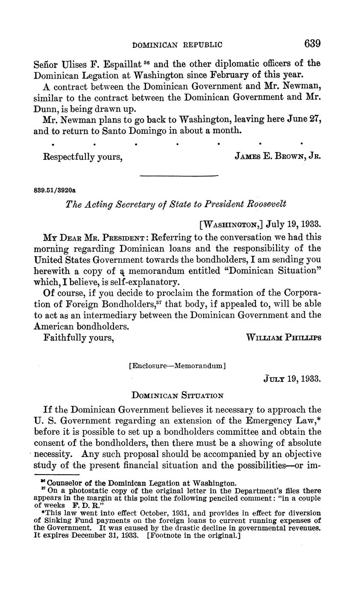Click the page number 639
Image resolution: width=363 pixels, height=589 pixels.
click(312, 44)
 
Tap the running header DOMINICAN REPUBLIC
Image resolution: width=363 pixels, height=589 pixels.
click(178, 44)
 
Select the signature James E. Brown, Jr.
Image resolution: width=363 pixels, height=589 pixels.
click(278, 157)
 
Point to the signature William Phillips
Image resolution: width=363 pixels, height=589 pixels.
click(284, 337)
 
